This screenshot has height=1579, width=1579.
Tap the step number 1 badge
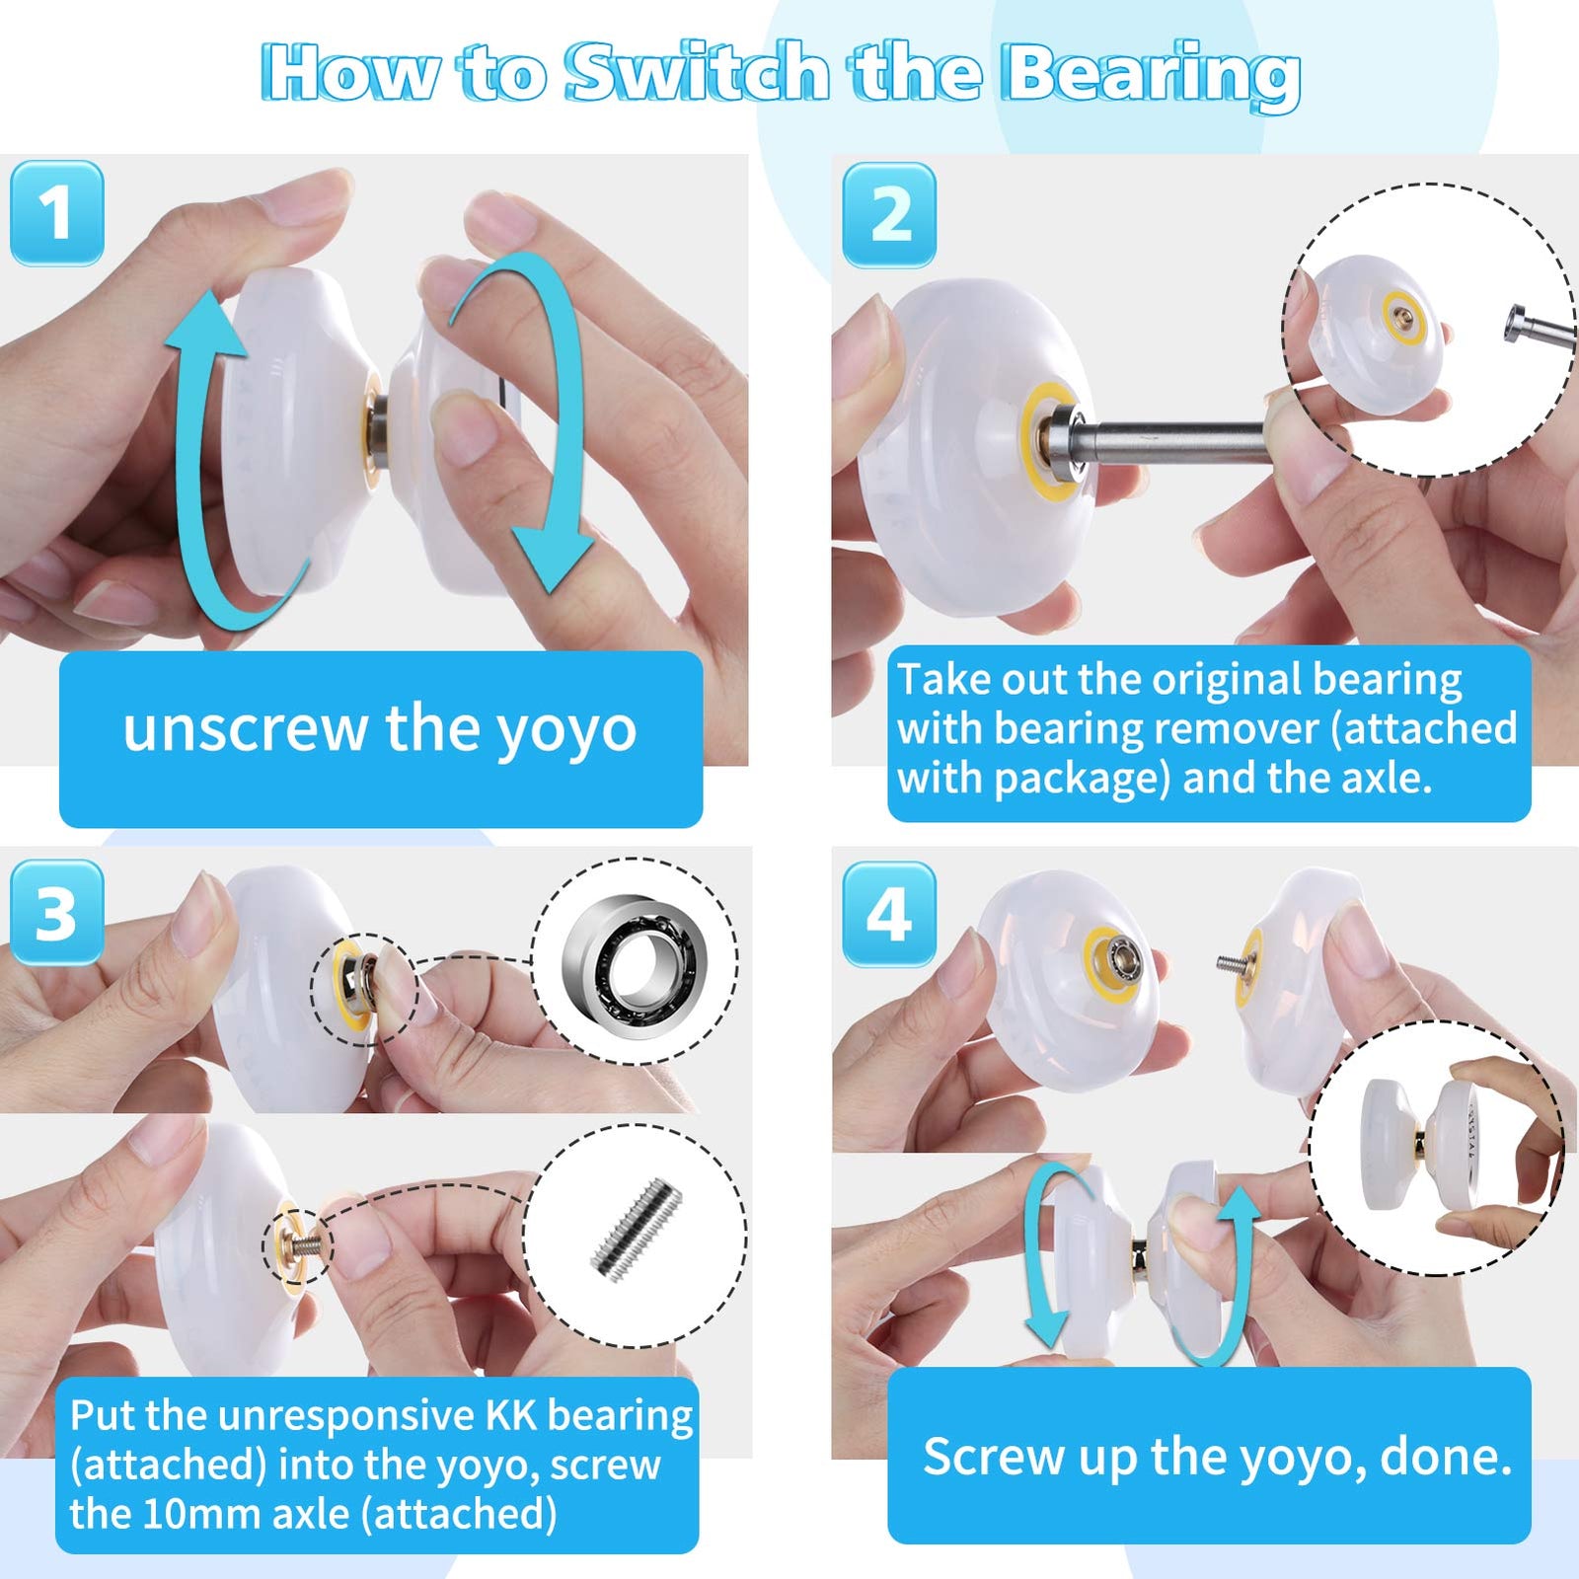point(56,213)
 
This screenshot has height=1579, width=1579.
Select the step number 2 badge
point(888,215)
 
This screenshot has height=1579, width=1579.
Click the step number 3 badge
point(56,913)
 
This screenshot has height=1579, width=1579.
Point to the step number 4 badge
point(888,914)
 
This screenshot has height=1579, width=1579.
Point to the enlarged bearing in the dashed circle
point(634,961)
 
